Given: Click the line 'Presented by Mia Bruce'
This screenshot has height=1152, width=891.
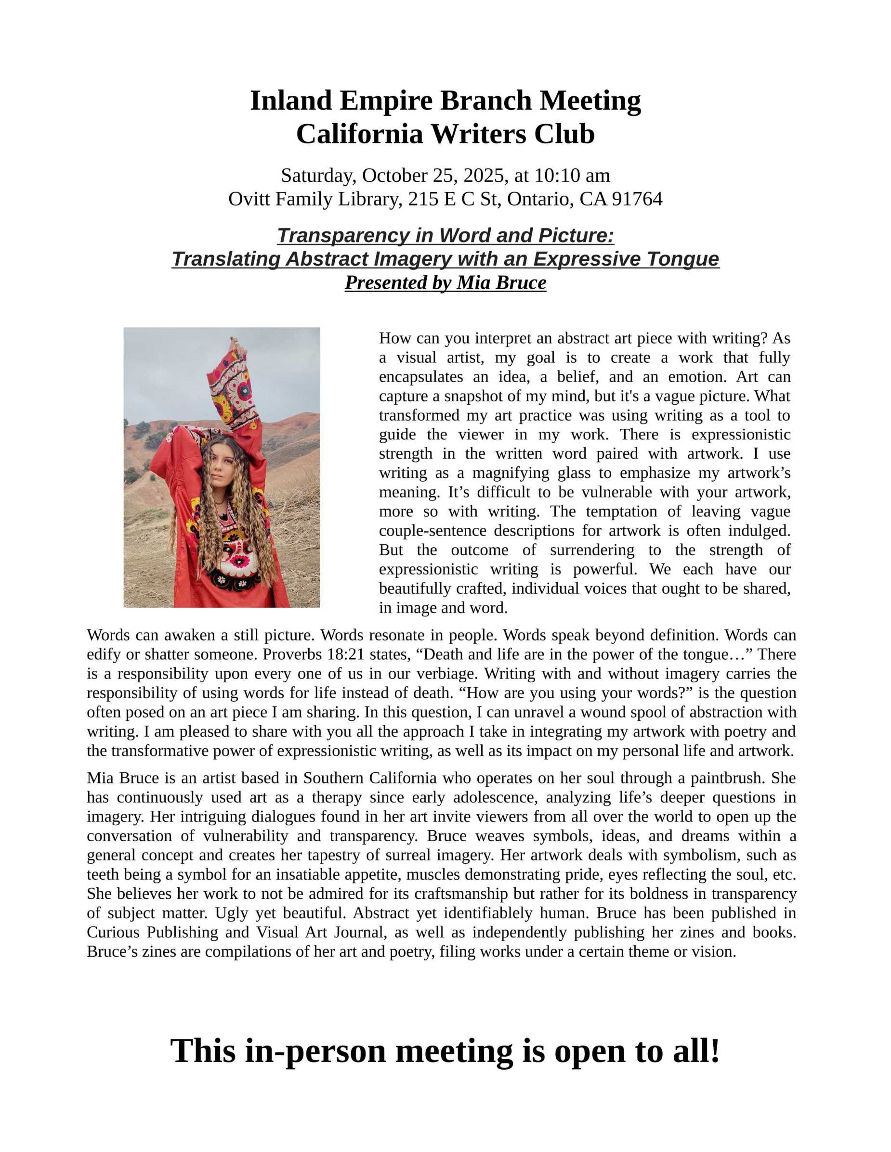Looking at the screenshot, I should coord(445,283).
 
